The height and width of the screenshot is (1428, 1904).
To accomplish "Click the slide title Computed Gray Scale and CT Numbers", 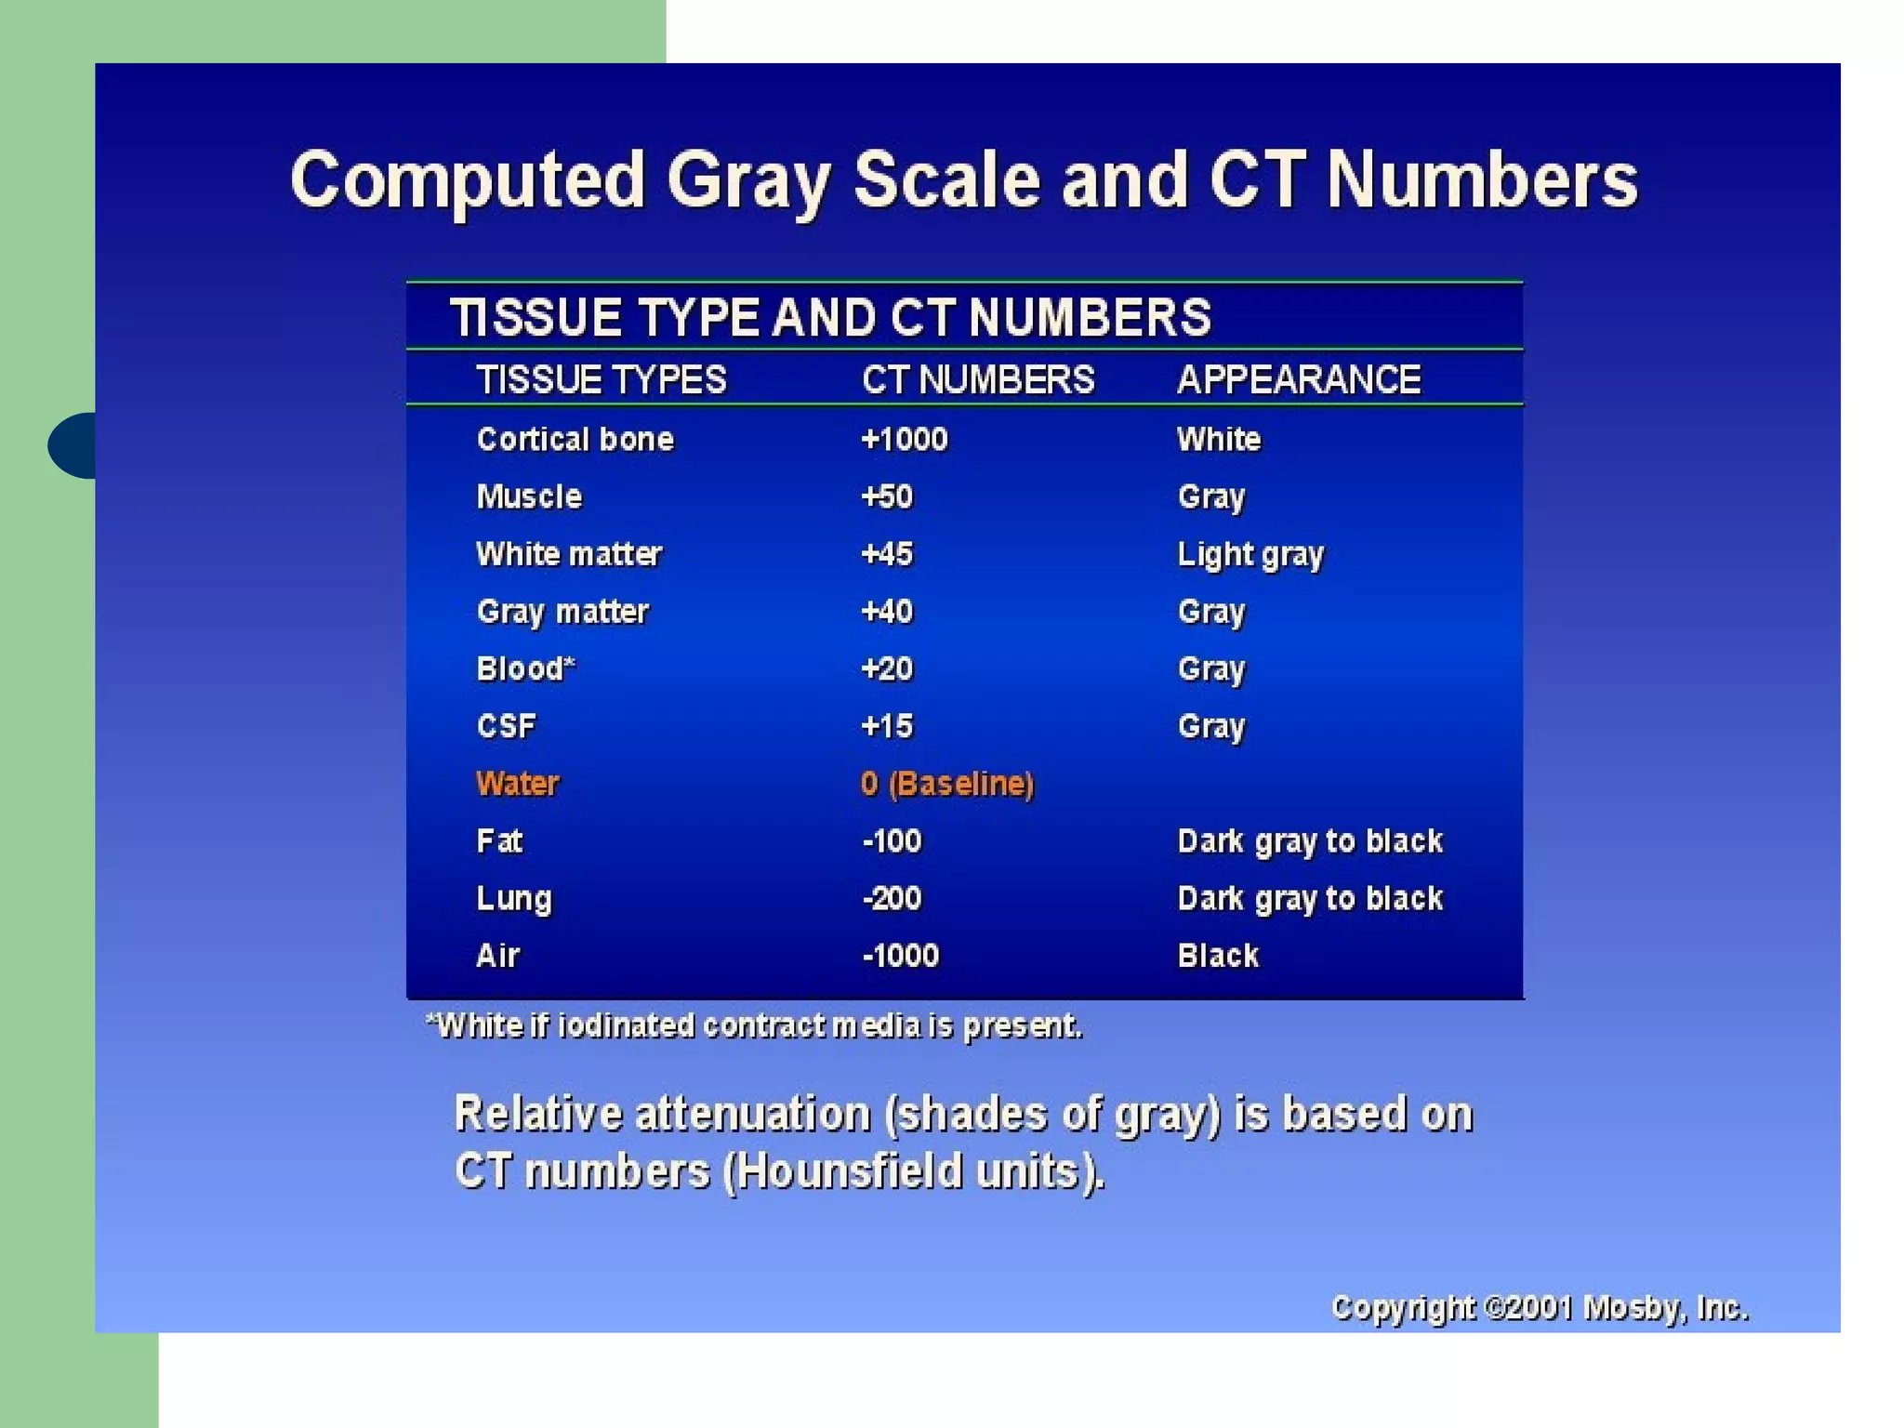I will (963, 180).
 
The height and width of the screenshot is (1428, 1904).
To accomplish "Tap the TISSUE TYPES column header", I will (601, 380).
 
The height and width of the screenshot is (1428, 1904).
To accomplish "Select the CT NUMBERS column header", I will (978, 380).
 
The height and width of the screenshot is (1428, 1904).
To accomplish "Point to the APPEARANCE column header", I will (1299, 380).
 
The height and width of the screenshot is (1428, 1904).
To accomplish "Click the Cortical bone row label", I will (575, 439).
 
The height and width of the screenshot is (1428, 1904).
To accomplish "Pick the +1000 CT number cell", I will (904, 439).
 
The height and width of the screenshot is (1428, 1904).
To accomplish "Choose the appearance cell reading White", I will (1219, 439).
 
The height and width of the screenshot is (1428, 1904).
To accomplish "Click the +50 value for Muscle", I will (887, 496).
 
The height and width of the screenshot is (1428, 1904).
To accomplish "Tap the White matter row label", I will (569, 554).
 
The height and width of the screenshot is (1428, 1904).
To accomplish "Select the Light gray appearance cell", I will (1250, 555).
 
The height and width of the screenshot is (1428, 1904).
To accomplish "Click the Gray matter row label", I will (562, 612).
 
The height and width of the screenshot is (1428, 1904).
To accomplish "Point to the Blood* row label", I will (525, 668).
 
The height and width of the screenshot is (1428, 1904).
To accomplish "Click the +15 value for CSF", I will (887, 726).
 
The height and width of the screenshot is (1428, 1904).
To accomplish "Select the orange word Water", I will (518, 784).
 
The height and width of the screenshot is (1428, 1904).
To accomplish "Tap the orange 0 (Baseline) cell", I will (946, 784).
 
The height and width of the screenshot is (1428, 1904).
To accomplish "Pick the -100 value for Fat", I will (892, 841).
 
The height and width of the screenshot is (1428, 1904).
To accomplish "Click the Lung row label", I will (514, 899).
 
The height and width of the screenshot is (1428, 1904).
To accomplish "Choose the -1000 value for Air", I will (900, 956).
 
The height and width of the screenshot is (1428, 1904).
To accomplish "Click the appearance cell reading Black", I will (1218, 956).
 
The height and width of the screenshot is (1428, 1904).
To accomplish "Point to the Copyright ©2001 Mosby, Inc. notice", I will (1540, 1308).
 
